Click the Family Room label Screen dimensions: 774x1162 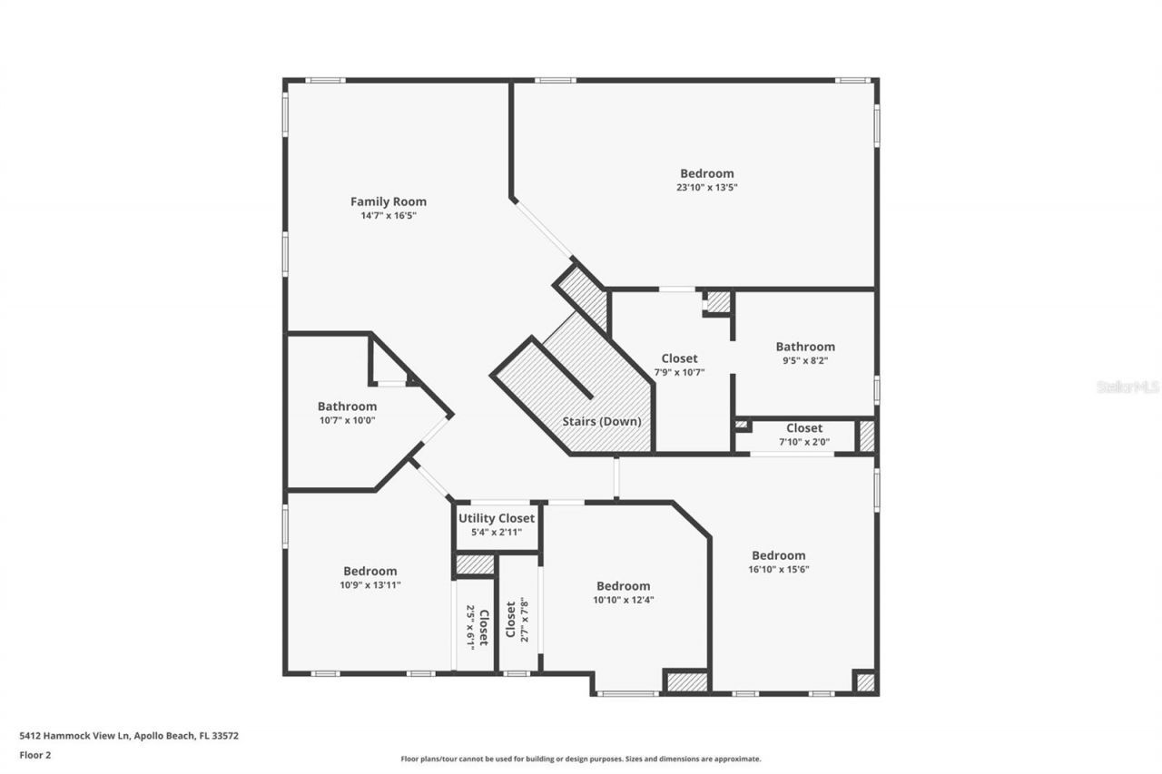tap(389, 201)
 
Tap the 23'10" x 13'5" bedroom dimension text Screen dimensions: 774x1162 tap(707, 188)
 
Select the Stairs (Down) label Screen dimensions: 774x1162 tap(602, 422)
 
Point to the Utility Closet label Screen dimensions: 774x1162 tap(497, 518)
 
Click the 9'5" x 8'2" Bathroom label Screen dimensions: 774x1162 tap(804, 347)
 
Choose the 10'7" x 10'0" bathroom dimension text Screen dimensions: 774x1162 tap(347, 420)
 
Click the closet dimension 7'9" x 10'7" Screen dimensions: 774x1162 tap(679, 372)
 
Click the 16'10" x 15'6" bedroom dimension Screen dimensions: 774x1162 tap(778, 570)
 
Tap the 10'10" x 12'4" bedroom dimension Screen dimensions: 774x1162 tap(623, 600)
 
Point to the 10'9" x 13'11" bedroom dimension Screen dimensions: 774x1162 tap(369, 585)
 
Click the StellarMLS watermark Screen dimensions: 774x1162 tap(1128, 387)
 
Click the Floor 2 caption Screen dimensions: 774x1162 tap(34, 754)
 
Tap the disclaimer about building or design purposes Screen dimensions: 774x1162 tap(581, 759)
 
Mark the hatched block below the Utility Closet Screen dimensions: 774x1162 tap(475, 564)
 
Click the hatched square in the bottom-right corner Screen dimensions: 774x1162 tap(865, 682)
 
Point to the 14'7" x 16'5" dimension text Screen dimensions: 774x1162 tap(389, 216)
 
